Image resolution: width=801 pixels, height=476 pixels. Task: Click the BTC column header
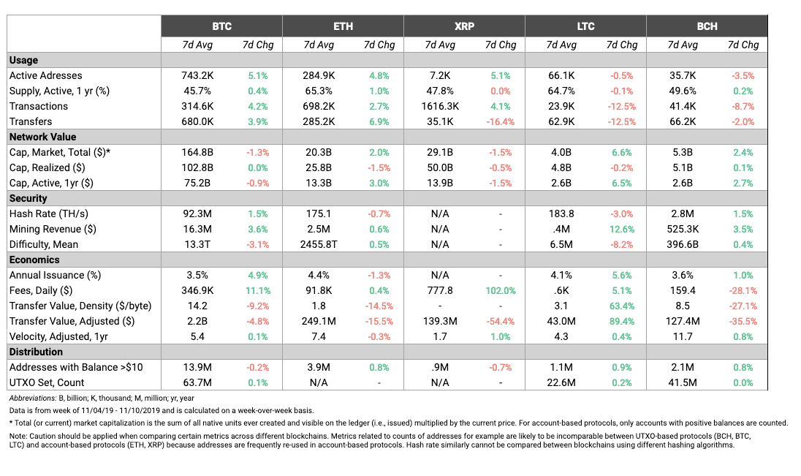click(221, 26)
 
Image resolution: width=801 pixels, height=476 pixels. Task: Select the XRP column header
click(464, 26)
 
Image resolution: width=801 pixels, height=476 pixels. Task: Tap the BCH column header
click(707, 26)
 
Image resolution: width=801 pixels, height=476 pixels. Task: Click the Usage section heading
click(23, 61)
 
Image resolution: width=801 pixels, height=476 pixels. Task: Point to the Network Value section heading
click(42, 137)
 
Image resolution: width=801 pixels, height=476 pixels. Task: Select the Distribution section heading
click(36, 352)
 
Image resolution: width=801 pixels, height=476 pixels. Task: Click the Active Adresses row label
click(45, 75)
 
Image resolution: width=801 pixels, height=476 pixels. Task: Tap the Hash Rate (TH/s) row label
click(48, 214)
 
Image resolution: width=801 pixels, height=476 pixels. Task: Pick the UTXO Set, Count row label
click(47, 382)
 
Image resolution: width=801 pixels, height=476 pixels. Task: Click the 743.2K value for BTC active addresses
click(197, 75)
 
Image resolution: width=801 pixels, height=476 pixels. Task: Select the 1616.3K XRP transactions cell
click(440, 106)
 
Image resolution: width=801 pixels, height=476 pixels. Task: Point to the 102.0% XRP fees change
click(501, 290)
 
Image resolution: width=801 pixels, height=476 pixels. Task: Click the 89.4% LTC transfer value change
click(622, 321)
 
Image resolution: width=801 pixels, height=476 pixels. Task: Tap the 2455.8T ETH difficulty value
click(319, 244)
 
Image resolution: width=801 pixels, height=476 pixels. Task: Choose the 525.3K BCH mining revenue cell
click(683, 229)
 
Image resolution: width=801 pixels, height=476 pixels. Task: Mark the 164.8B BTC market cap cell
click(197, 152)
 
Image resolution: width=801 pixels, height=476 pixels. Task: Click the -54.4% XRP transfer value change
click(501, 321)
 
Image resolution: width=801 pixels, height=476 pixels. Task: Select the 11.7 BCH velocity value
click(683, 336)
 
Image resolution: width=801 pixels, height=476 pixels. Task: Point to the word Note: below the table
click(18, 436)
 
